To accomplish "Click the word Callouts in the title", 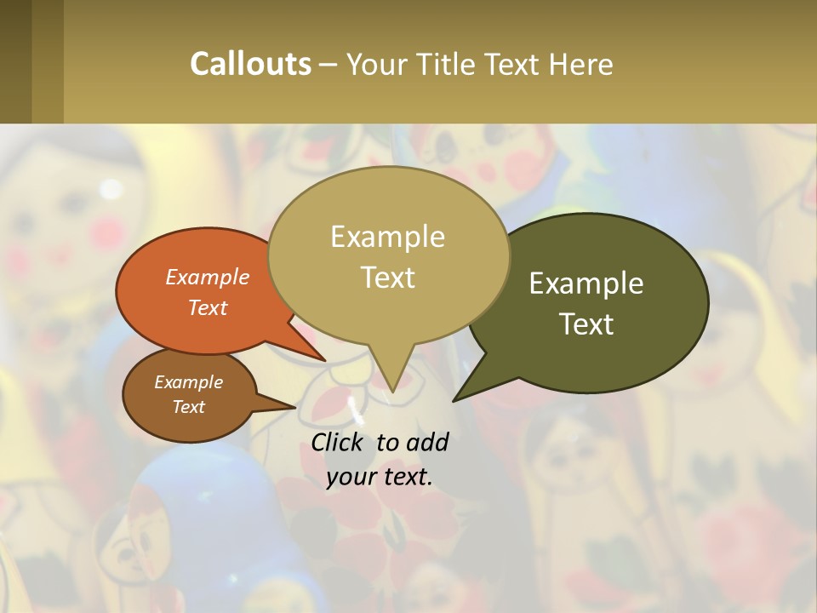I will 250,64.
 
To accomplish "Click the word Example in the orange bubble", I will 207,277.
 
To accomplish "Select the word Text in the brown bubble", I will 188,407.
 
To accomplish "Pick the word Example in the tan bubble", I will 387,237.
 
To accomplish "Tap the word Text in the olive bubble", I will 586,324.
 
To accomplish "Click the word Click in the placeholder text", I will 339,442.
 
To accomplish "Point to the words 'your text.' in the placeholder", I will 380,477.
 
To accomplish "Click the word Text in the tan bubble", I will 387,278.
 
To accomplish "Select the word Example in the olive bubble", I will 586,284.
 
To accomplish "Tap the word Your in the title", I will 374,64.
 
